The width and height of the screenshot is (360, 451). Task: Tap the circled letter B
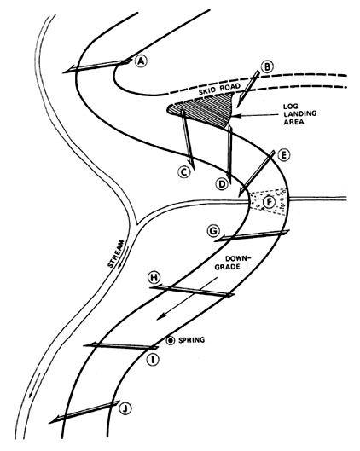[267, 66]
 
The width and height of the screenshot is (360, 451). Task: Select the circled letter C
[183, 171]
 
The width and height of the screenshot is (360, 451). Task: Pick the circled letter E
[284, 156]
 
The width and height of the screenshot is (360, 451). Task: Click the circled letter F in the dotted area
[269, 203]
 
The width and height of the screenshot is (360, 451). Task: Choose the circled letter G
[212, 231]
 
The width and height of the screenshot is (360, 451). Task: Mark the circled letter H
[154, 277]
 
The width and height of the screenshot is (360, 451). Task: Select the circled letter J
[125, 408]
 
